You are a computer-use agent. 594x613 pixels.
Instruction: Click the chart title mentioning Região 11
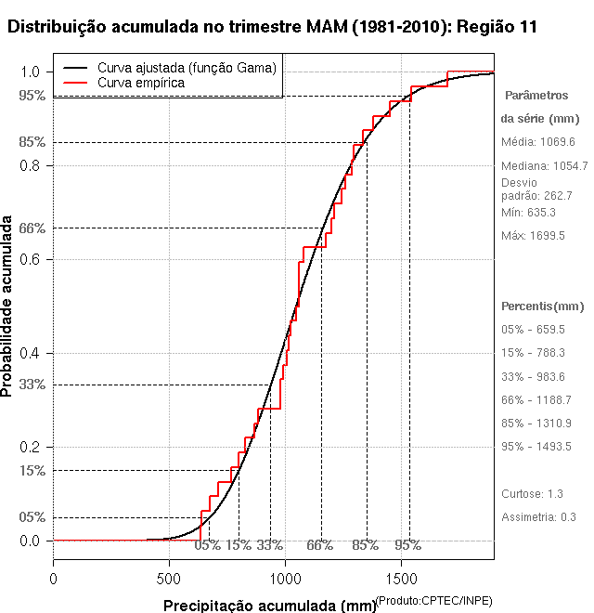(271, 27)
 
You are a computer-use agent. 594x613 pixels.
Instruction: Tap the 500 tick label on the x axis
(169, 579)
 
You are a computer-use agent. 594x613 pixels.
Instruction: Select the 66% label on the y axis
(32, 228)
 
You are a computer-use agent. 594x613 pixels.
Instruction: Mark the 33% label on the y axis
(32, 385)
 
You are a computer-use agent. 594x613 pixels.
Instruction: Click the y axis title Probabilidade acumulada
(8, 306)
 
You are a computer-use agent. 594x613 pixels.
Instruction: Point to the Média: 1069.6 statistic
(538, 142)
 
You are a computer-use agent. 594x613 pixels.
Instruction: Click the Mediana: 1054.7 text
(544, 166)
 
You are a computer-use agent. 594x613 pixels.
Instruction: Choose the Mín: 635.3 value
(528, 213)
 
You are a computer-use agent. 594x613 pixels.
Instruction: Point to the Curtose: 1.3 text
(532, 493)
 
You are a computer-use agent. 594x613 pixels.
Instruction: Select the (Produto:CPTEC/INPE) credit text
(433, 599)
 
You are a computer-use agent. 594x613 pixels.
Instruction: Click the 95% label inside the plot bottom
(407, 545)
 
